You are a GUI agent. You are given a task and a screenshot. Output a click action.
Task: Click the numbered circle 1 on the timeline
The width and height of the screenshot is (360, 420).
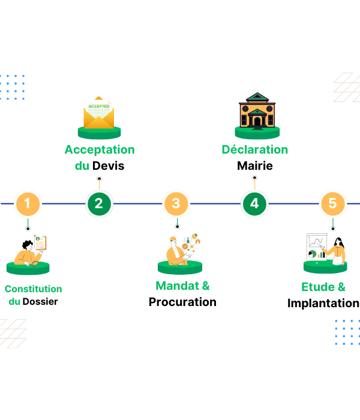coord(28,204)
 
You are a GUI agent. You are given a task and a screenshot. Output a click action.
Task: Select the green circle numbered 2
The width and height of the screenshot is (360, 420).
coord(99,204)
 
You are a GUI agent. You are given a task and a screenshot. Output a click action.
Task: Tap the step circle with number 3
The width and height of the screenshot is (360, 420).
coord(176,204)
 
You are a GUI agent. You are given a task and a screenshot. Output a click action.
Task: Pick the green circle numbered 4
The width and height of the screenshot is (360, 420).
coord(254,204)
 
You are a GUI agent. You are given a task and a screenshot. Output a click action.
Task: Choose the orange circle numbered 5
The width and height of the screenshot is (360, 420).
coord(332,204)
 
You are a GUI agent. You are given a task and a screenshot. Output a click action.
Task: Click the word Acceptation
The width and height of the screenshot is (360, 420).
coord(100,149)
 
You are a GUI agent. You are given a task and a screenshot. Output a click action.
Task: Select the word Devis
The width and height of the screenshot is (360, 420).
coord(109,166)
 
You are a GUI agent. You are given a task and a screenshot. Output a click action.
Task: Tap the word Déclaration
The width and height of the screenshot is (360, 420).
coord(255,149)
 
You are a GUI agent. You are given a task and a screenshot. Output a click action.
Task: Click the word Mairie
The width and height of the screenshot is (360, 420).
coord(255,166)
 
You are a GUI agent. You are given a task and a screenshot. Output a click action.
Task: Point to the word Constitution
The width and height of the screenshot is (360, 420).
coord(34,289)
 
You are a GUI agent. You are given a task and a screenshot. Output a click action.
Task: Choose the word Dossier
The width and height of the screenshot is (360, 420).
coord(40,301)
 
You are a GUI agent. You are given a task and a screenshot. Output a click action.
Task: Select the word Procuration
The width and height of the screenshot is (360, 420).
coord(182,302)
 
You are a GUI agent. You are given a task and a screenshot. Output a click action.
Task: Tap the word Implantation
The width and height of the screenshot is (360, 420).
coord(323,303)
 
